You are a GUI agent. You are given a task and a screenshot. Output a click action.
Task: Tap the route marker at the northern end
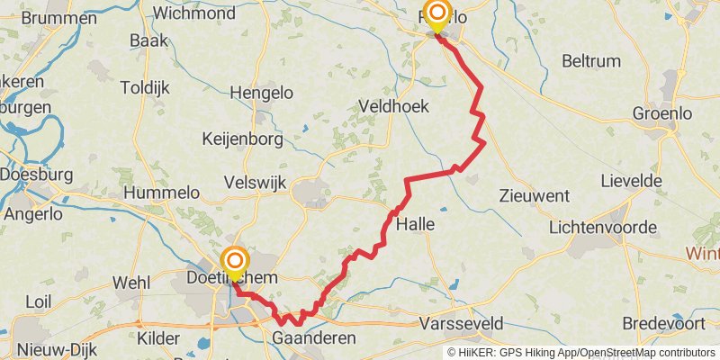(x=437, y=14)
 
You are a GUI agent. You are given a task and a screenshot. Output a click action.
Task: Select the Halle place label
(x=416, y=224)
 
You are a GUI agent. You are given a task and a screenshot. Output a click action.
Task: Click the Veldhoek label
(x=393, y=106)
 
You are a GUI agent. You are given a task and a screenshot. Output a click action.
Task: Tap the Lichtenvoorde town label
(x=602, y=228)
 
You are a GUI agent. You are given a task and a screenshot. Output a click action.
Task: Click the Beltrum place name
(x=590, y=61)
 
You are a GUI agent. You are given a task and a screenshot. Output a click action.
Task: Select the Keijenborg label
(x=243, y=139)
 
